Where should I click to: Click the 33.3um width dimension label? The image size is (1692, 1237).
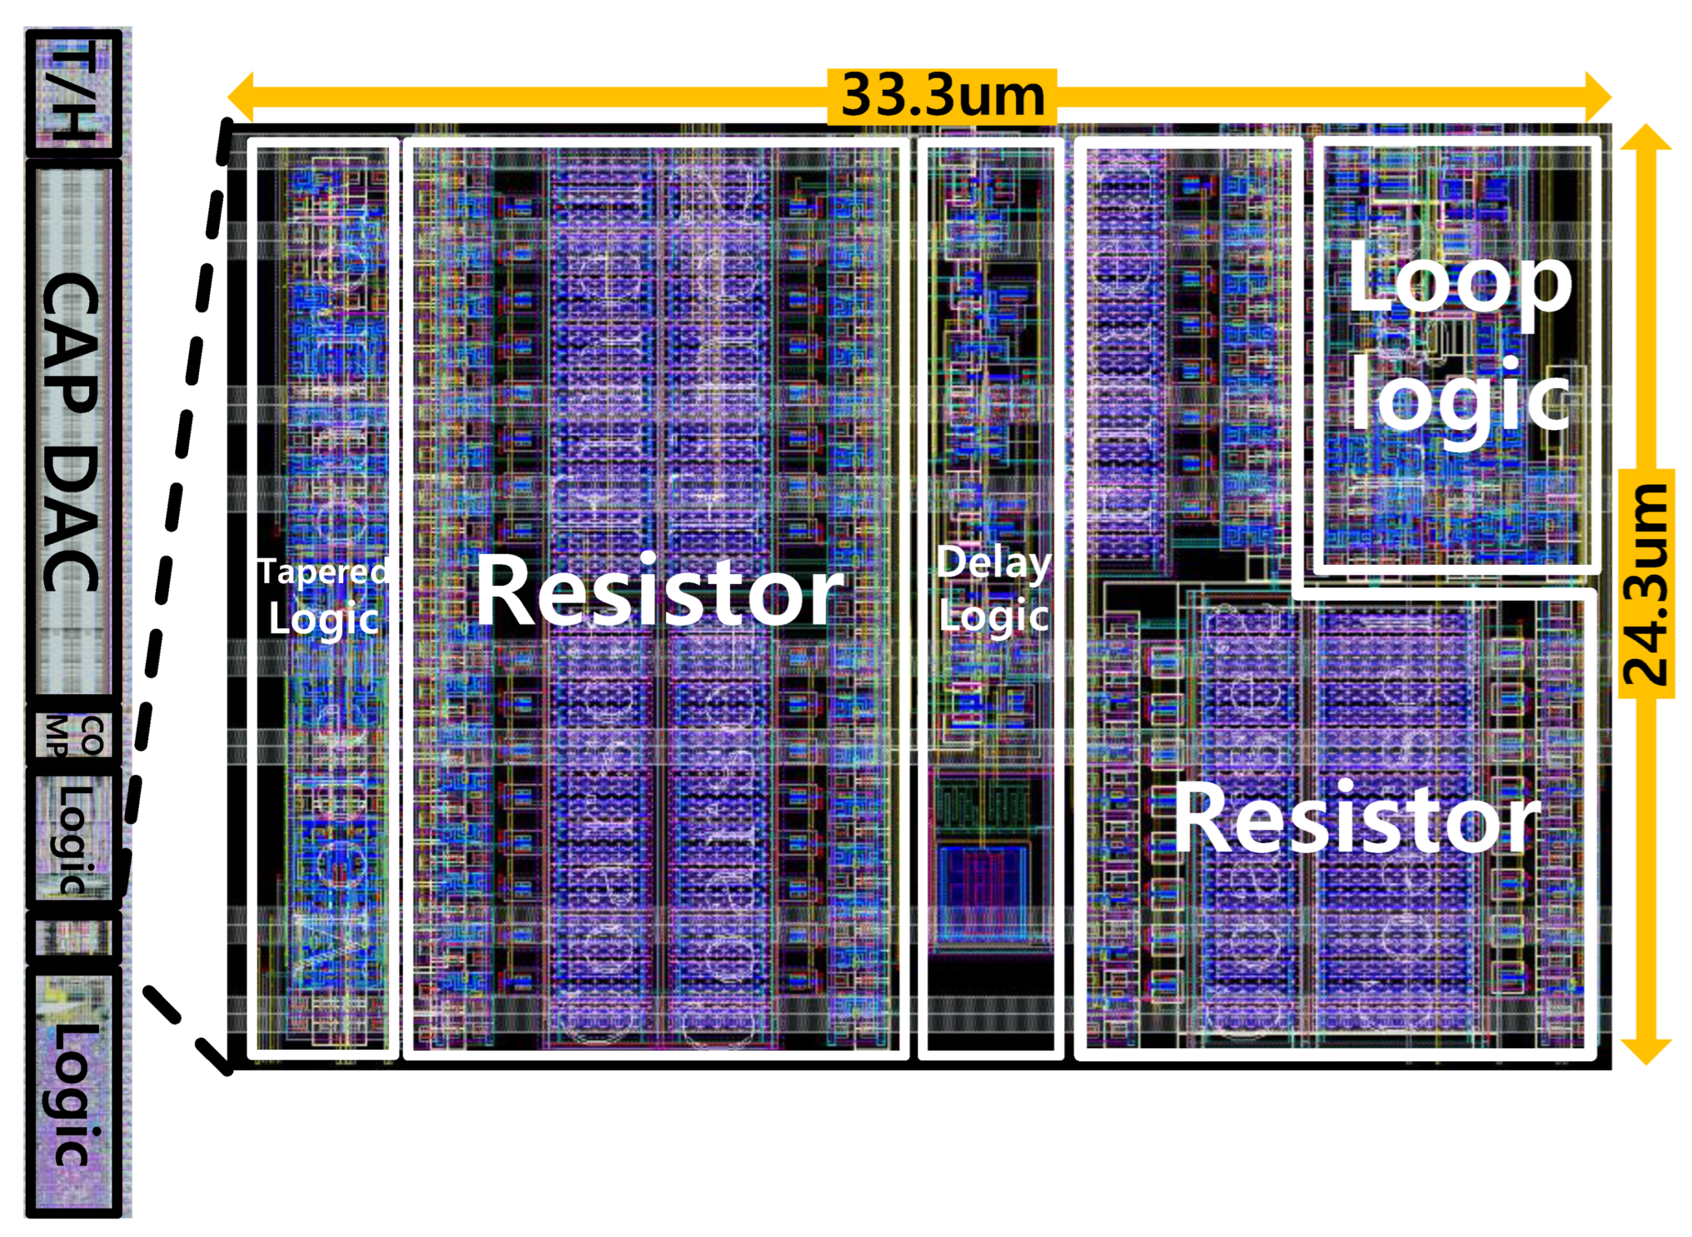pyautogui.click(x=941, y=97)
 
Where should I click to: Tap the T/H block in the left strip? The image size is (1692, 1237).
pyautogui.click(x=73, y=92)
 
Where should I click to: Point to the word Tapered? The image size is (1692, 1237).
pyautogui.click(x=323, y=572)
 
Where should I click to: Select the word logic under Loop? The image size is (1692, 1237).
pyautogui.click(x=1458, y=401)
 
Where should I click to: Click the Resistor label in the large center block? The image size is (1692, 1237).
pyautogui.click(x=659, y=592)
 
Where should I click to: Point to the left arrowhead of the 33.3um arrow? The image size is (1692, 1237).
pyautogui.click(x=241, y=97)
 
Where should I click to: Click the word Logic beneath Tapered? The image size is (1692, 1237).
pyautogui.click(x=323, y=619)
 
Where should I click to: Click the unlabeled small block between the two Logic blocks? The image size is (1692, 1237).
pyautogui.click(x=73, y=936)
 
